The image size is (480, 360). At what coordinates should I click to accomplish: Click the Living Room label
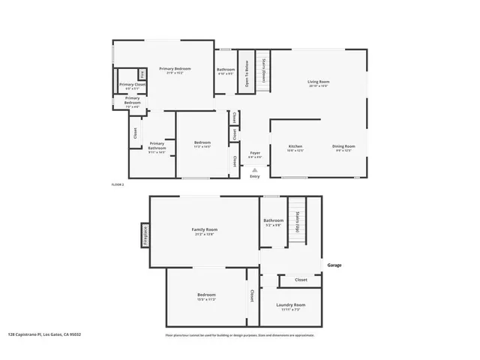pyautogui.click(x=319, y=82)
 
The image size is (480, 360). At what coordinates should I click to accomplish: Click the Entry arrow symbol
pyautogui.click(x=256, y=169)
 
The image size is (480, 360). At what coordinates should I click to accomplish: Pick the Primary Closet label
pyautogui.click(x=131, y=84)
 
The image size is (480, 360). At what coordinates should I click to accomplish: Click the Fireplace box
pyautogui.click(x=145, y=235)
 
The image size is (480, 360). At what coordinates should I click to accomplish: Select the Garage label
pyautogui.click(x=334, y=264)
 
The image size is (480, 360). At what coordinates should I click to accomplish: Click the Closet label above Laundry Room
pyautogui.click(x=301, y=279)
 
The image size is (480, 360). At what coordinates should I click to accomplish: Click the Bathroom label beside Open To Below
pyautogui.click(x=226, y=70)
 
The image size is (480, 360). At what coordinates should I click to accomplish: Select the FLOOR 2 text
pyautogui.click(x=117, y=184)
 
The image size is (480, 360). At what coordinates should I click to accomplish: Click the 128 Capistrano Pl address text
pyautogui.click(x=44, y=334)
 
